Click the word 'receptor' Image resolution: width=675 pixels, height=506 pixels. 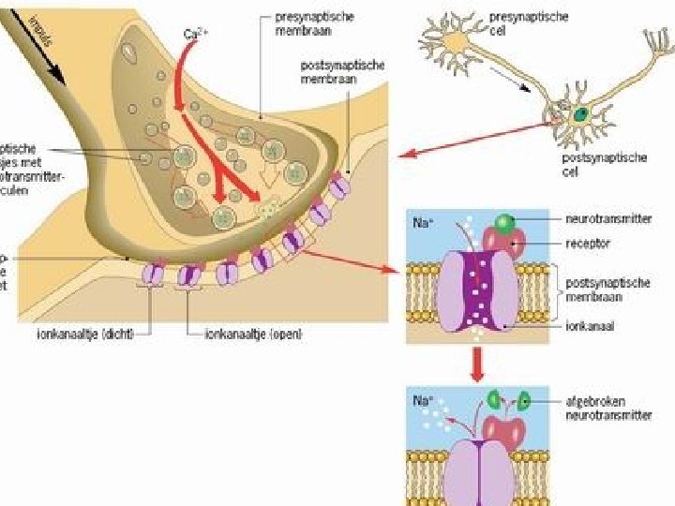(588, 242)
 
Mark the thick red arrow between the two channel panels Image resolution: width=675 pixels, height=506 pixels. (477, 363)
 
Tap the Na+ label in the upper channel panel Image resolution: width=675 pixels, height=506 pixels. (423, 224)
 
